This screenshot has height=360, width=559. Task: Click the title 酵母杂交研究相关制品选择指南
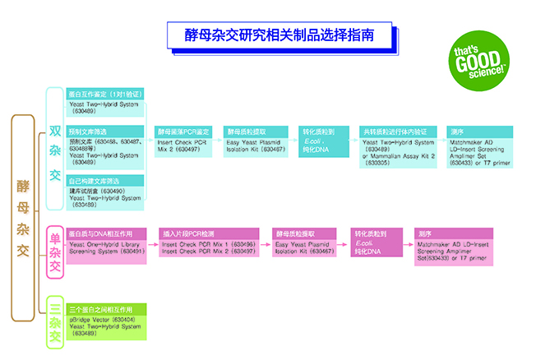(280, 35)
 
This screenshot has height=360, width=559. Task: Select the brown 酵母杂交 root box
(23, 217)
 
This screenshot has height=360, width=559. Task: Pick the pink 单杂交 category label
(54, 252)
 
